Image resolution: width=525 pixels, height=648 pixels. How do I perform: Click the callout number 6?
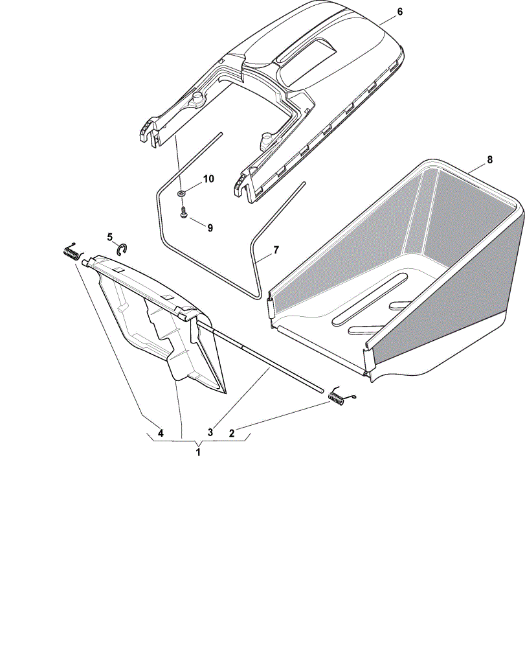pos(399,12)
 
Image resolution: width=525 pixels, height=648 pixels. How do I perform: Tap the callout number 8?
pos(490,159)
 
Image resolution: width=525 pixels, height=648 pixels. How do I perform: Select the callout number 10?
pos(208,179)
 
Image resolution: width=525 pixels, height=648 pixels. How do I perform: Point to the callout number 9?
pos(210,228)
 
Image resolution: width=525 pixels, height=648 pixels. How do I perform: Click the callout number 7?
pos(276,250)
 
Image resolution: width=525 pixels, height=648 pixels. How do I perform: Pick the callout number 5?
pos(110,237)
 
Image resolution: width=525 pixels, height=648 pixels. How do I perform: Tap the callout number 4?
pos(161,433)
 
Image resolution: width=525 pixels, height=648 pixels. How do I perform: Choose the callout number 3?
pos(210,433)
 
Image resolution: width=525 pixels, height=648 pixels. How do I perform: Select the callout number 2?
pos(232,433)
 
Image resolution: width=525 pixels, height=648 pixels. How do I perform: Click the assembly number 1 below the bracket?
pos(198,452)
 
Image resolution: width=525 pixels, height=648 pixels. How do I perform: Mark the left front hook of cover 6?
pos(144,133)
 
